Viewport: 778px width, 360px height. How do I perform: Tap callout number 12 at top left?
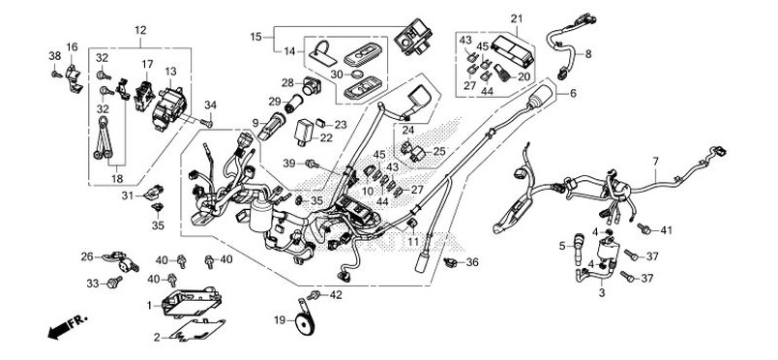coord(141,31)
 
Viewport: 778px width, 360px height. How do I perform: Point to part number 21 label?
coord(516,19)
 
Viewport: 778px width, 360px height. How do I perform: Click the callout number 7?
coord(655,161)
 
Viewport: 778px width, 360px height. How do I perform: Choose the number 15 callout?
coord(256,37)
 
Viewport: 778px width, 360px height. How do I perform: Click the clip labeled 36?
coord(451,261)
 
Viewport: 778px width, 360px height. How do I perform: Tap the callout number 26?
coord(86,256)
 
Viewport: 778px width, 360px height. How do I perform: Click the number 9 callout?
coord(254,123)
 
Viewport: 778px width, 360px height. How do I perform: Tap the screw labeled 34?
coord(206,122)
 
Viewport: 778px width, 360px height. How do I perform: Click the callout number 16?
coord(72,47)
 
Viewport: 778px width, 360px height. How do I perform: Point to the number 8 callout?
coord(587,54)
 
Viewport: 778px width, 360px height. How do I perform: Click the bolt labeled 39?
coord(310,165)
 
